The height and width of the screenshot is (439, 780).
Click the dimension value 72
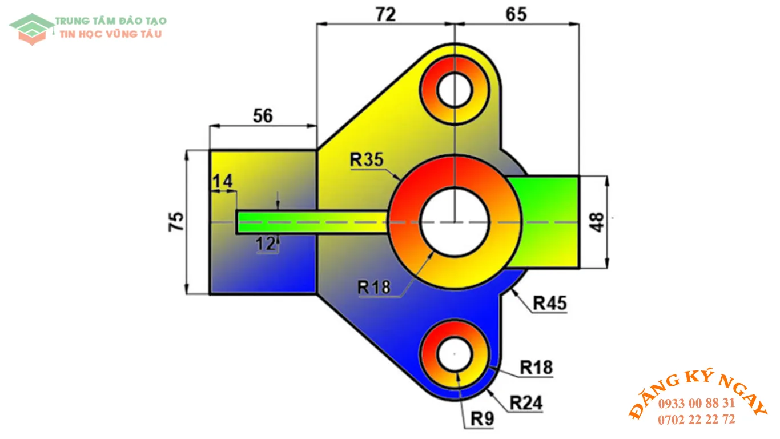click(385, 14)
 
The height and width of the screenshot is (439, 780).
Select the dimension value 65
click(516, 14)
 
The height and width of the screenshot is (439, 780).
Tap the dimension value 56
click(263, 116)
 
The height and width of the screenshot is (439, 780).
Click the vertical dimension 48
click(597, 222)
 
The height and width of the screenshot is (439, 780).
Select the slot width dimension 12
click(266, 244)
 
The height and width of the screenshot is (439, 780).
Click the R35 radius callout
click(367, 161)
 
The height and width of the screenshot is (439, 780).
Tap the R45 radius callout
click(550, 304)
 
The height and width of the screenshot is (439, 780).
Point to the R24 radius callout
click(526, 404)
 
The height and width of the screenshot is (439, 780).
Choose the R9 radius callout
click(482, 420)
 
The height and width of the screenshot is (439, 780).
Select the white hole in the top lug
click(454, 90)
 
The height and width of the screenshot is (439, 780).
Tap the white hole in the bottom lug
click(454, 354)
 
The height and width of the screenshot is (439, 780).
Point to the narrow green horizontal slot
click(311, 222)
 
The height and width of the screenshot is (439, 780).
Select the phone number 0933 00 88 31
click(696, 403)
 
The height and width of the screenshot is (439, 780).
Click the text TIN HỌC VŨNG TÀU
click(111, 34)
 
